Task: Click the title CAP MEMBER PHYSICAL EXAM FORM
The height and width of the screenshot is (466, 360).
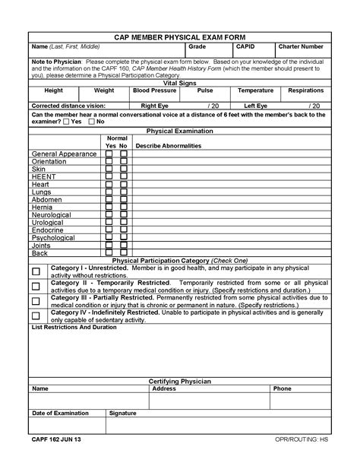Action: tap(179, 36)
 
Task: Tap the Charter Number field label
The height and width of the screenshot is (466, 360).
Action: tap(301, 46)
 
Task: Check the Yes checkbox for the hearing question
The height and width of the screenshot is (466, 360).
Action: tap(66, 122)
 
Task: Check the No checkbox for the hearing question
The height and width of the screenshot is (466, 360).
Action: tap(92, 122)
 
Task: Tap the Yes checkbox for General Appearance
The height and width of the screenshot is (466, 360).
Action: tap(109, 154)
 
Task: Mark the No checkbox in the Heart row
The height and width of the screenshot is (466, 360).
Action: tap(124, 184)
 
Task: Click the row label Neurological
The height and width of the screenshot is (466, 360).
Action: tap(51, 214)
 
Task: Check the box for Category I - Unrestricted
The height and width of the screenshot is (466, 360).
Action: tap(36, 271)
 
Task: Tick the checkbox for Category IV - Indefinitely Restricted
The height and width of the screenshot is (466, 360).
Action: tap(36, 315)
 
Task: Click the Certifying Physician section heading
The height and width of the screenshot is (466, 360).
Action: tap(179, 381)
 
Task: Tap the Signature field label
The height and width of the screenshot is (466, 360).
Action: tap(122, 413)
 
